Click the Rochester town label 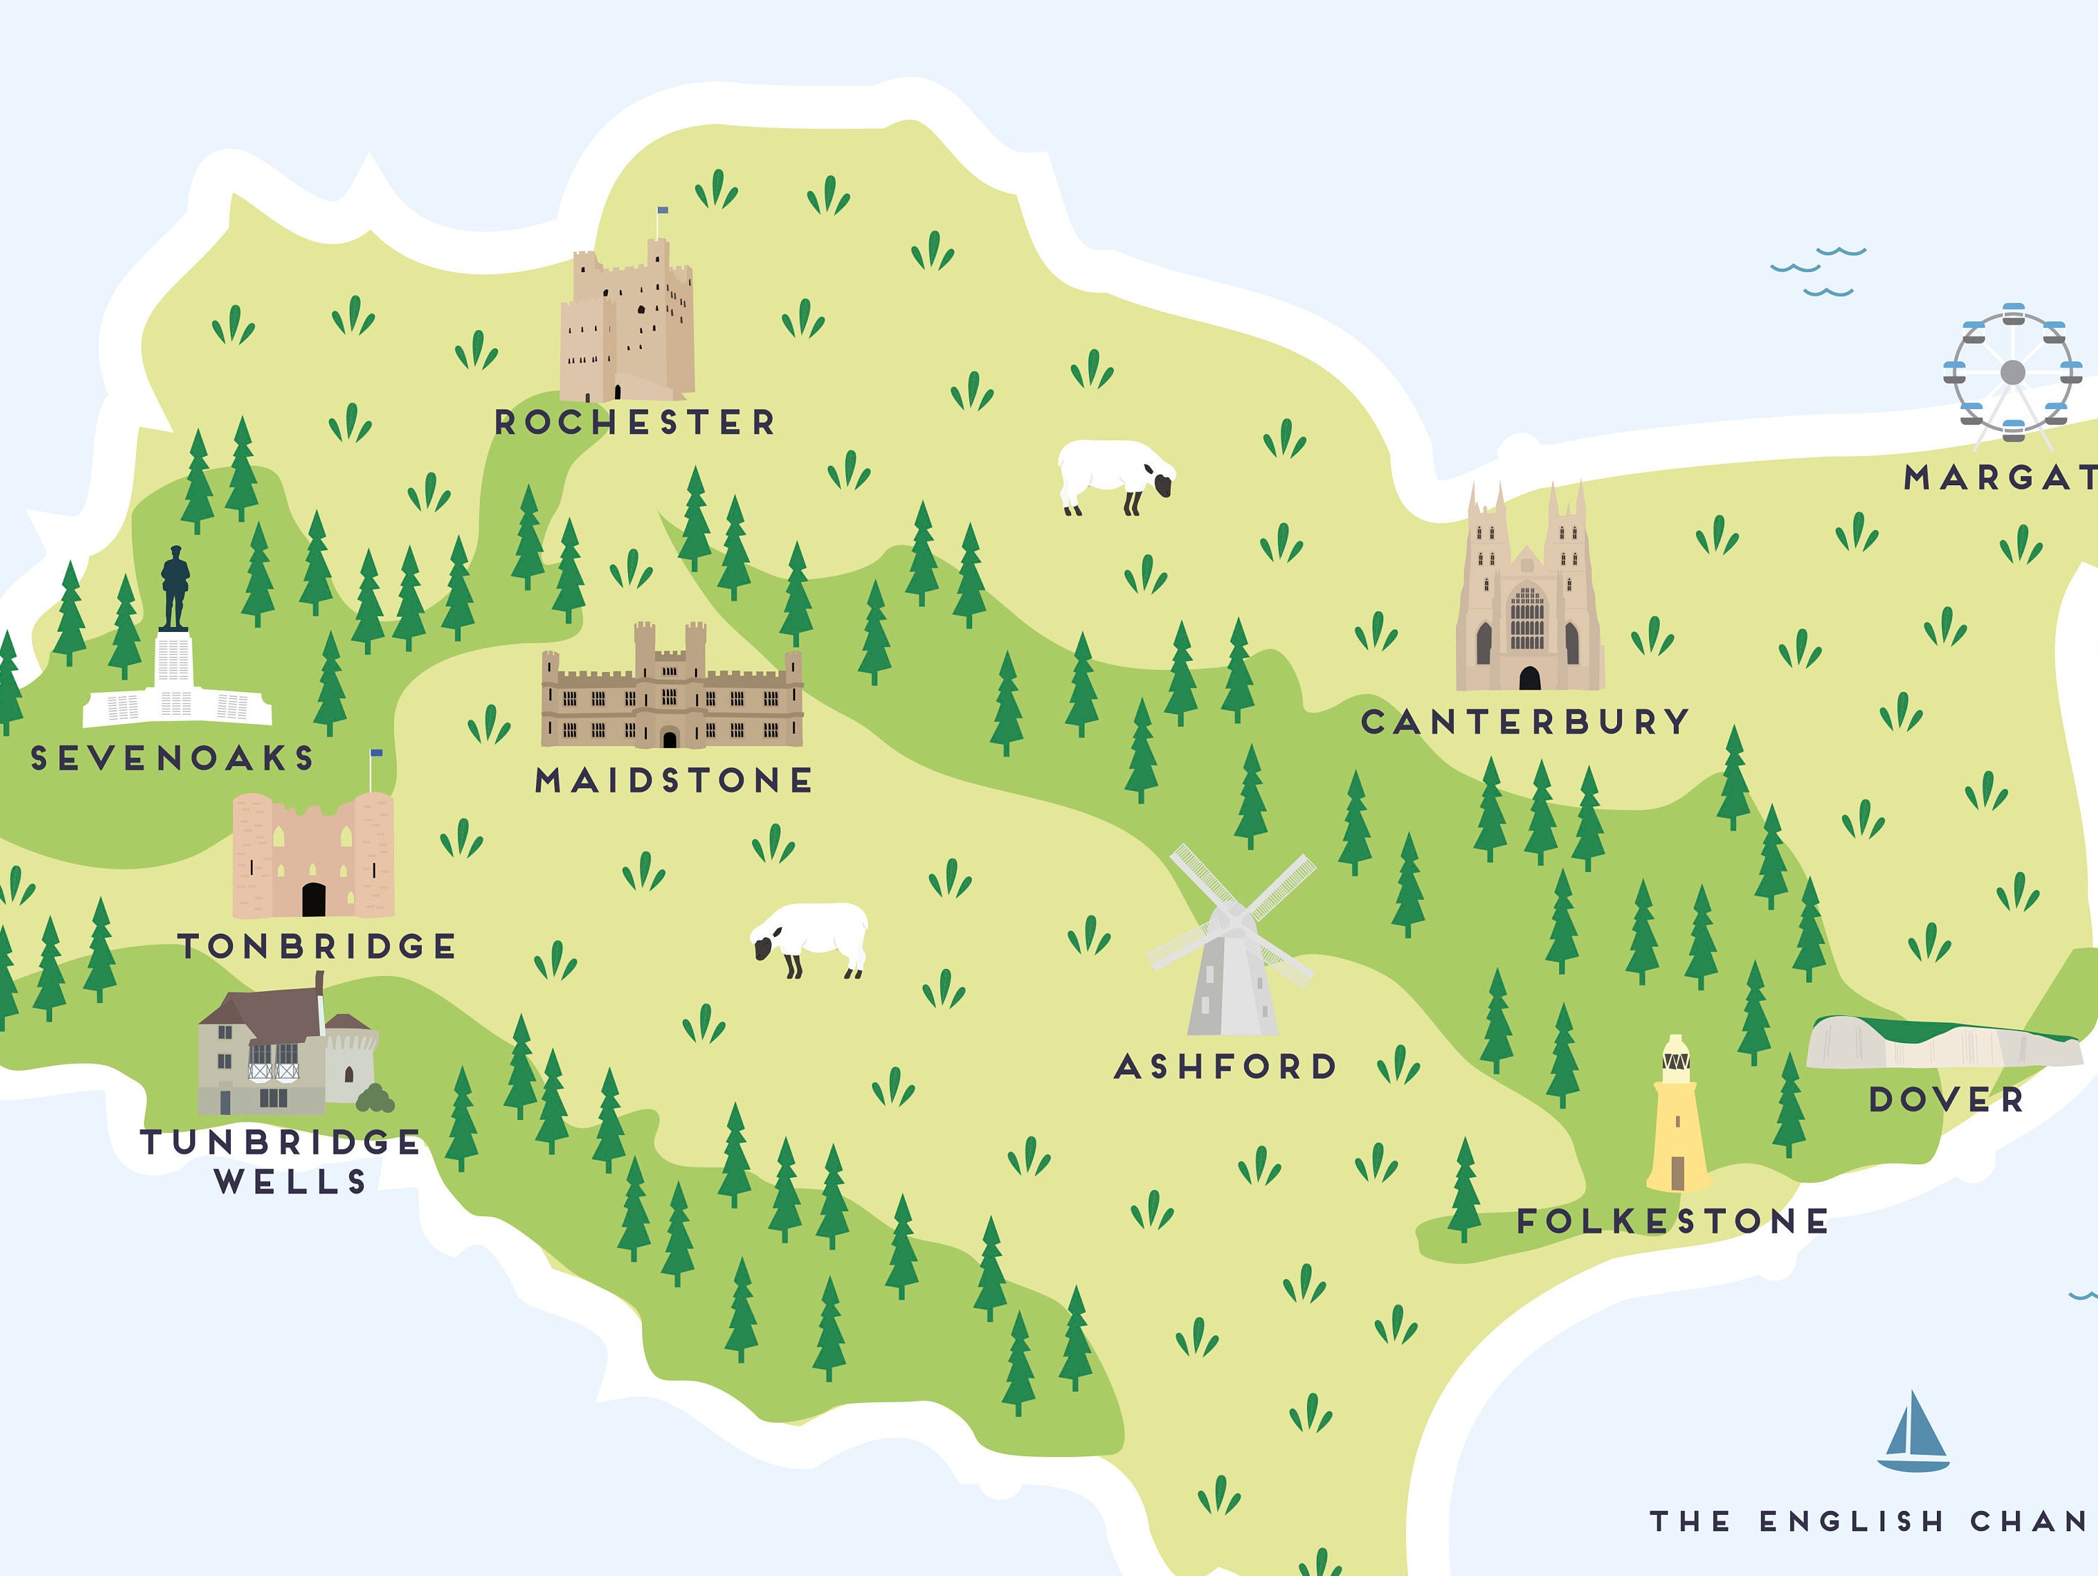click(634, 422)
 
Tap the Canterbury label click(1524, 722)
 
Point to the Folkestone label click(1672, 1220)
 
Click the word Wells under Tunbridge click(290, 1181)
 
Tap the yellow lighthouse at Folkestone click(1677, 1119)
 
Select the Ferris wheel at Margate click(2012, 373)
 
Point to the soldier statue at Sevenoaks click(175, 588)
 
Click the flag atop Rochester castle click(662, 210)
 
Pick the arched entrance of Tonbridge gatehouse click(313, 899)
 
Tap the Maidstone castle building click(671, 693)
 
